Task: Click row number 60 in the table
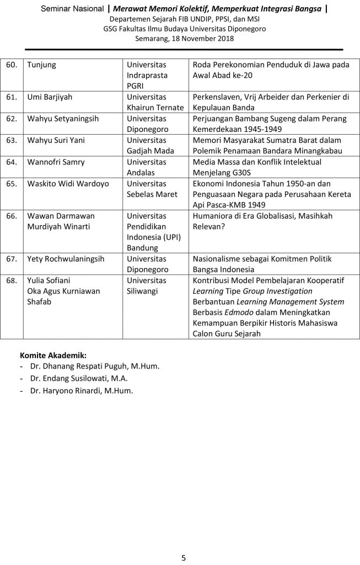point(11,65)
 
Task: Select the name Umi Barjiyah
point(50,97)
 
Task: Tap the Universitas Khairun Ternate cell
point(155,102)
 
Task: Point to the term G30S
point(243,172)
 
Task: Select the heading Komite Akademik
point(53,355)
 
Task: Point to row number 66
point(11,216)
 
